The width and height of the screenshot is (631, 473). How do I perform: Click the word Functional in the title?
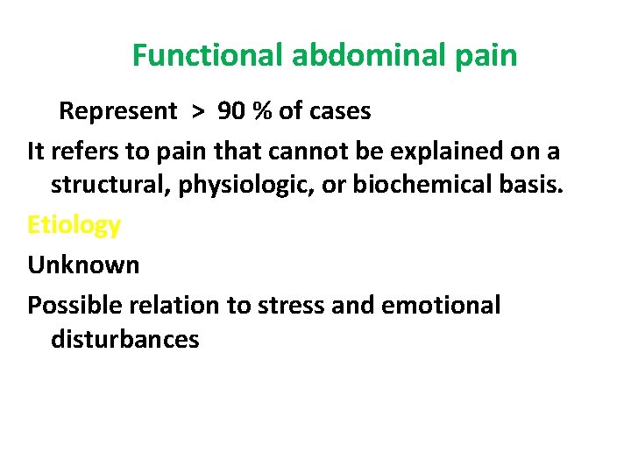208,56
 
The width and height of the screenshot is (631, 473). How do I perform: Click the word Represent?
117,111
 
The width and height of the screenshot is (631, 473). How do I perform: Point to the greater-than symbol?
201,112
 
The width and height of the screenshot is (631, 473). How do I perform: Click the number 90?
233,111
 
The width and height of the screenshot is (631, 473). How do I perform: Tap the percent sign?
262,111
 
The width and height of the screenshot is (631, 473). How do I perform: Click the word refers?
82,151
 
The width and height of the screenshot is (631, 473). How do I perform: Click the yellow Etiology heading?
74,225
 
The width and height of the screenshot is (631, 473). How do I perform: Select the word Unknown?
83,265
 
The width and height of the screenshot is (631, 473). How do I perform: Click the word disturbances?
125,339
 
